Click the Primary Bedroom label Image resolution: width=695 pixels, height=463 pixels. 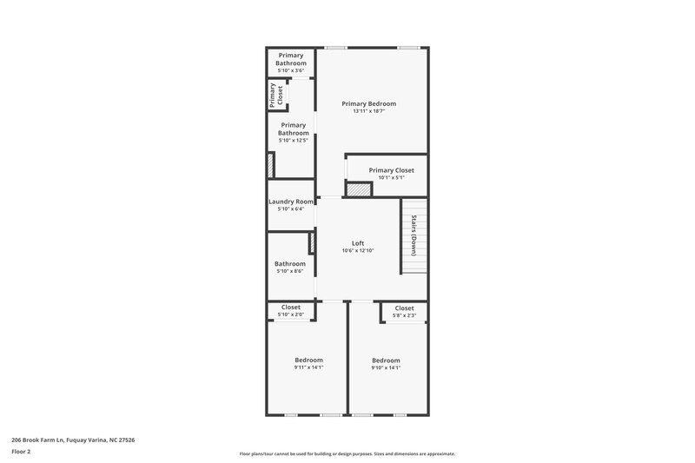tap(374, 103)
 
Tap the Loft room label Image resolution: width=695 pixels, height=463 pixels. tap(357, 243)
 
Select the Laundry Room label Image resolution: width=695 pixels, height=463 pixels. tap(291, 202)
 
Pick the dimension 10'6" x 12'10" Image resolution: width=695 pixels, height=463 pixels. tap(357, 251)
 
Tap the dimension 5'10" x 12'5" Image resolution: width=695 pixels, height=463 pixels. tap(293, 140)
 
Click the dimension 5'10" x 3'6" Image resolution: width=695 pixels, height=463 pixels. tap(291, 70)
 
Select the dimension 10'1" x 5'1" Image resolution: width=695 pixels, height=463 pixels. tap(391, 178)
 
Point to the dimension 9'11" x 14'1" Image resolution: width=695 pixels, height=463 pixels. tap(308, 367)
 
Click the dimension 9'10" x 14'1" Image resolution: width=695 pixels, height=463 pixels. tap(386, 367)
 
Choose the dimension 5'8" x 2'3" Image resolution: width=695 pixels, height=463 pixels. tap(404, 315)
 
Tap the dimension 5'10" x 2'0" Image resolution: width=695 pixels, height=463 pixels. tap(290, 314)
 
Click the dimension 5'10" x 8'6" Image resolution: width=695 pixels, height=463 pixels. tap(289, 272)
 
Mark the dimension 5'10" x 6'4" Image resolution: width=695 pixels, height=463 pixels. tap(290, 209)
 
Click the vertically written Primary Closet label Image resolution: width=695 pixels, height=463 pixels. tap(276, 96)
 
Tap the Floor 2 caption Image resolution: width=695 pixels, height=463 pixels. tap(22, 452)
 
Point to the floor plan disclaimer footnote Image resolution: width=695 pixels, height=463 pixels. tap(347, 453)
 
